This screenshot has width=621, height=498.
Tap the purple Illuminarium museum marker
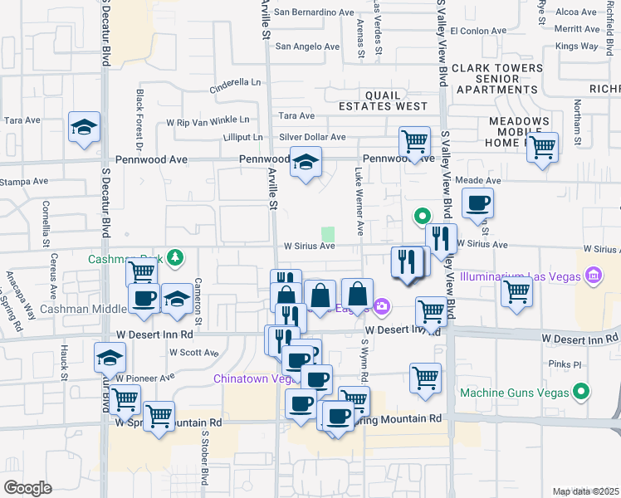coord(593,275)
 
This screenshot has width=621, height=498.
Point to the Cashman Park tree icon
coord(174,257)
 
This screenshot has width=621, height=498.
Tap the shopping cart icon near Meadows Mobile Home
coord(542,148)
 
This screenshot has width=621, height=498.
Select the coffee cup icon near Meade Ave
coord(477,203)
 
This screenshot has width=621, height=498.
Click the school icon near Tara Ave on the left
coord(84,127)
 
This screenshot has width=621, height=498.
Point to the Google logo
coord(27,488)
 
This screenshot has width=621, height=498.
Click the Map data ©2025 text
coord(585,491)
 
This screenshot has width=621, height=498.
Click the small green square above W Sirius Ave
coord(328,235)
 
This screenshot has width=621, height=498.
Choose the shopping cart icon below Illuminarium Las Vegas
coord(516,292)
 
